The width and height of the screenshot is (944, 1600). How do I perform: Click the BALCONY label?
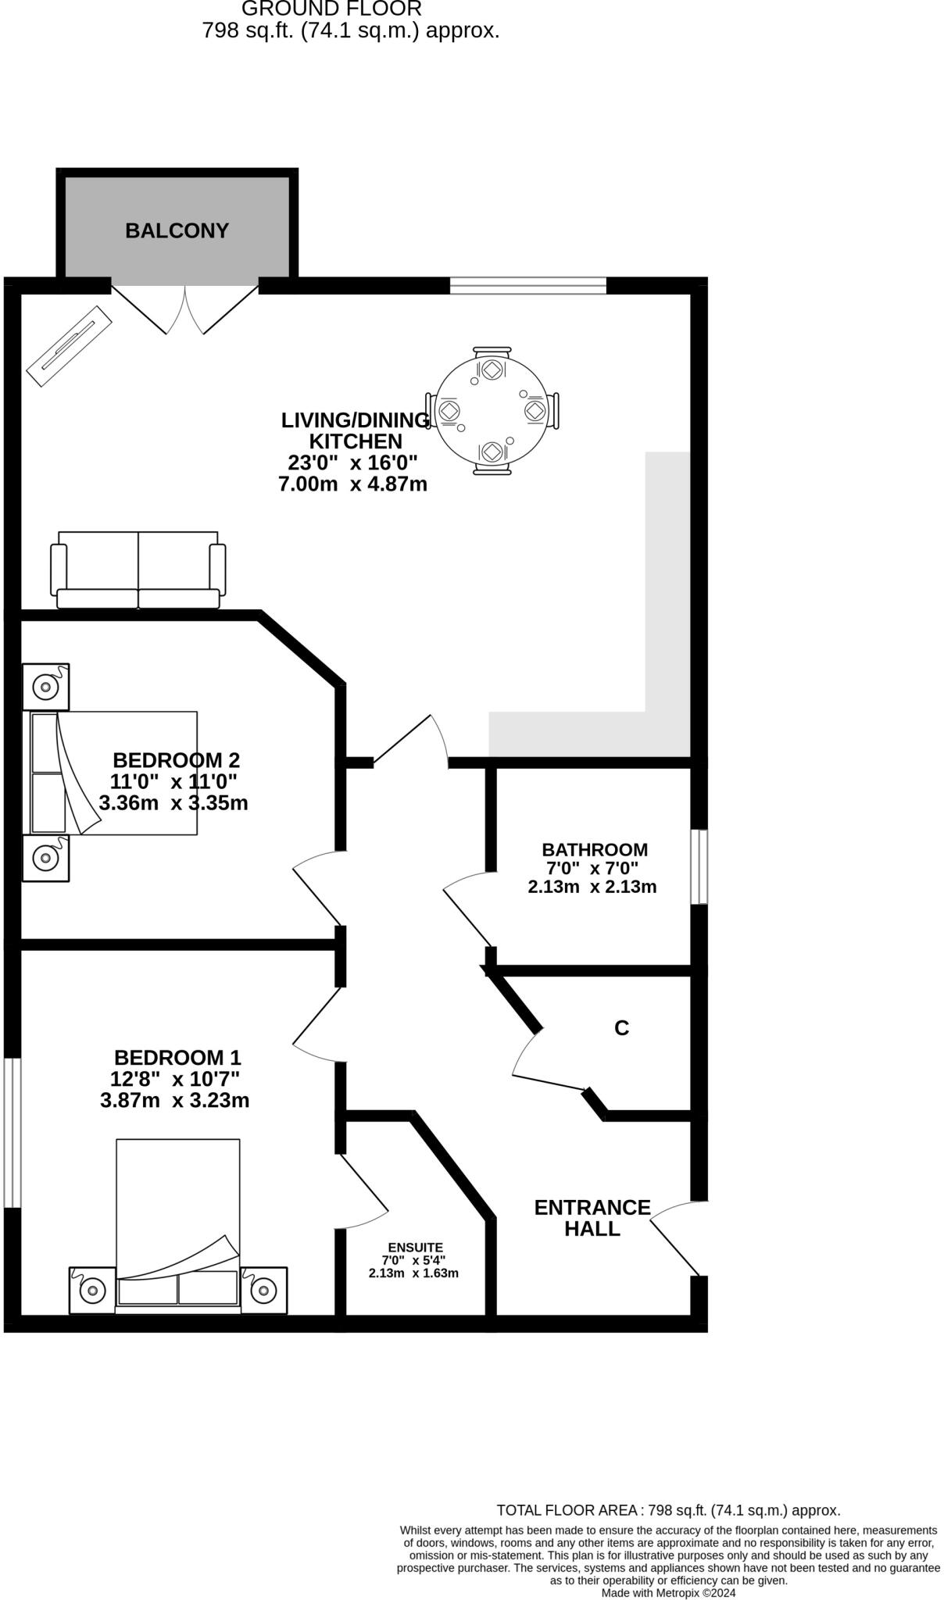177,231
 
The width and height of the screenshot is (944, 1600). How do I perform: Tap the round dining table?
491,410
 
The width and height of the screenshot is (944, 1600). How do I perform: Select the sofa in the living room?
138,570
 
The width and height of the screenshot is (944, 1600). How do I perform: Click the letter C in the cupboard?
621,1029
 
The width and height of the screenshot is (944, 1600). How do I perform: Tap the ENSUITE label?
415,1248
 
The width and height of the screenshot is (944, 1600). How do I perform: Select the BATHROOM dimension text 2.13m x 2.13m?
592,887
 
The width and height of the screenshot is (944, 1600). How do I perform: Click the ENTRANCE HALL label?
592,1218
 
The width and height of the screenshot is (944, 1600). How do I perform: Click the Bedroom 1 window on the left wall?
12,1133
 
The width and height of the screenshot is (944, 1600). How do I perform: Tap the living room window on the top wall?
528,286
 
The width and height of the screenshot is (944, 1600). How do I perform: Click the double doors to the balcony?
185,309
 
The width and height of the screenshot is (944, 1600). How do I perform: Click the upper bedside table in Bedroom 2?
45,687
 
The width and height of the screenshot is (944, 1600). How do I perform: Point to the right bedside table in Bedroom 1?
264,1290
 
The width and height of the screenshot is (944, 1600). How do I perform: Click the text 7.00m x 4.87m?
352,484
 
